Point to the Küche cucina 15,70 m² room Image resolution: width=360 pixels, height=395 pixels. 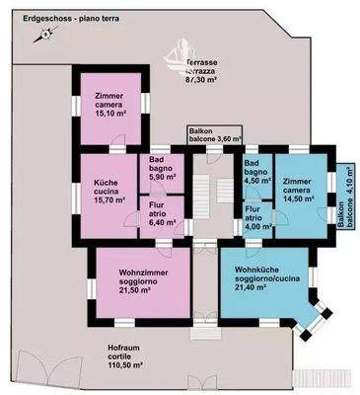(x=110, y=192)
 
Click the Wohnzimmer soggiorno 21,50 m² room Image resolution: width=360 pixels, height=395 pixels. (x=137, y=281)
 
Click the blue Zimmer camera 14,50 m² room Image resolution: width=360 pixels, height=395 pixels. (x=297, y=192)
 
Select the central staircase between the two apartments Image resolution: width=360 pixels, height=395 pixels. (x=204, y=197)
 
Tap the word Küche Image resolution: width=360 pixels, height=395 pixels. (x=106, y=183)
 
